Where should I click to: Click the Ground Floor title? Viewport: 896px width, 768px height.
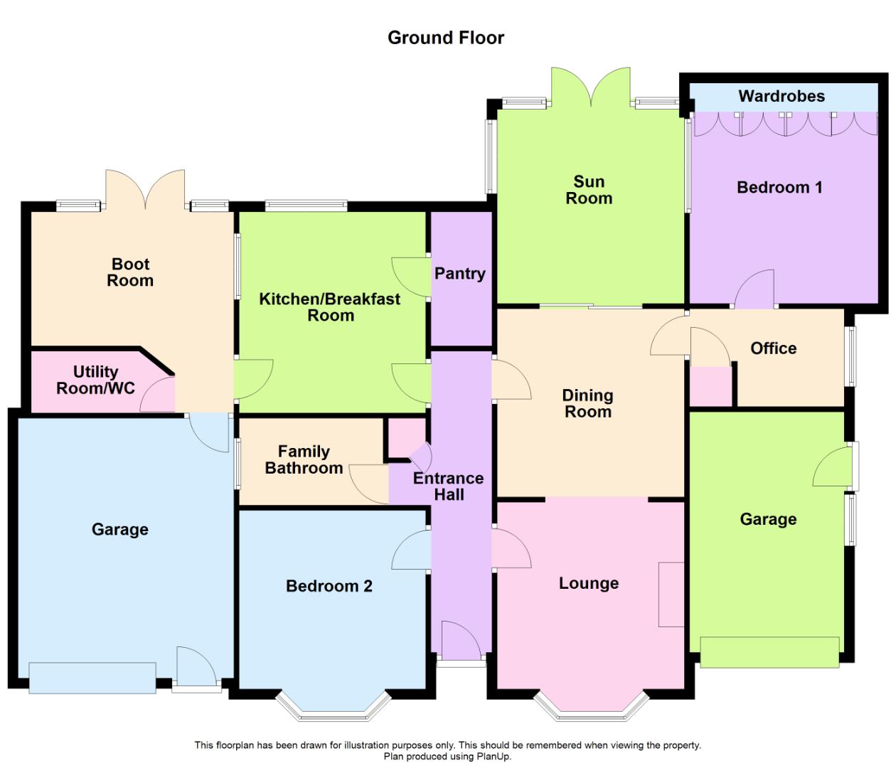[446, 38]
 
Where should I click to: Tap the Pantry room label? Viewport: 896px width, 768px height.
[460, 274]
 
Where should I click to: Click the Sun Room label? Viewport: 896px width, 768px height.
[589, 190]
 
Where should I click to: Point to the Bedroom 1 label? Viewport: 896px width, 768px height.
[779, 188]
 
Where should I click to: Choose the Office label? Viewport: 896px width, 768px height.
[773, 348]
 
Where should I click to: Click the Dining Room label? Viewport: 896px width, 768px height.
[588, 403]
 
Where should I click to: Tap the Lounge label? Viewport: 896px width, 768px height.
[589, 583]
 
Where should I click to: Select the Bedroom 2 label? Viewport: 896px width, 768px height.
[329, 586]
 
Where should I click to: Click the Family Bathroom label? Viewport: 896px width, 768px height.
[304, 460]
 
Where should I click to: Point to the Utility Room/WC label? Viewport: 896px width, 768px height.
[95, 380]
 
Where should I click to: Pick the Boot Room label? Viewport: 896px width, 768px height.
[130, 272]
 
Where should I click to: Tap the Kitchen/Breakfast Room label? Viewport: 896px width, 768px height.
[330, 307]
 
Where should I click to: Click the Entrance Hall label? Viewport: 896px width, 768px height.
[448, 486]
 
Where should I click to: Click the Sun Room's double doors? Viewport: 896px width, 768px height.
[590, 87]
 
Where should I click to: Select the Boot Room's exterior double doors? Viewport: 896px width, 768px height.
[145, 189]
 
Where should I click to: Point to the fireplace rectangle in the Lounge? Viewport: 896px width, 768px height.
[671, 594]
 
